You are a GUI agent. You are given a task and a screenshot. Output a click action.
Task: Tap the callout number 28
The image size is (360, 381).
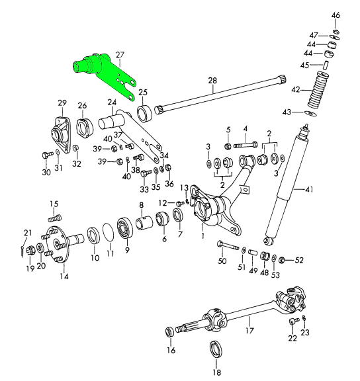(212, 81)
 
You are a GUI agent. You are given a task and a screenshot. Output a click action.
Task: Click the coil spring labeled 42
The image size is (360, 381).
(318, 90)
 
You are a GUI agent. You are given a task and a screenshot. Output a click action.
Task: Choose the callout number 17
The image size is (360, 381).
(249, 331)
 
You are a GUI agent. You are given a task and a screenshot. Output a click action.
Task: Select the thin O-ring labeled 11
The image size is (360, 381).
(109, 232)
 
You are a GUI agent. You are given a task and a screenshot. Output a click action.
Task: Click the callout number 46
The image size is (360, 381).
(336, 15)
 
